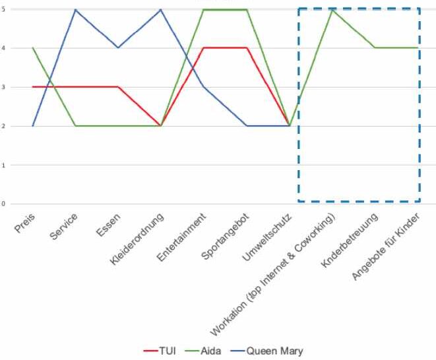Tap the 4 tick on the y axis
tap(3, 48)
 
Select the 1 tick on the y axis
tap(3, 165)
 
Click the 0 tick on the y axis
tap(3, 204)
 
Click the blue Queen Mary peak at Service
tap(75, 10)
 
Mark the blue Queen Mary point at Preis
tap(32, 126)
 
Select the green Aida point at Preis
tap(32, 48)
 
